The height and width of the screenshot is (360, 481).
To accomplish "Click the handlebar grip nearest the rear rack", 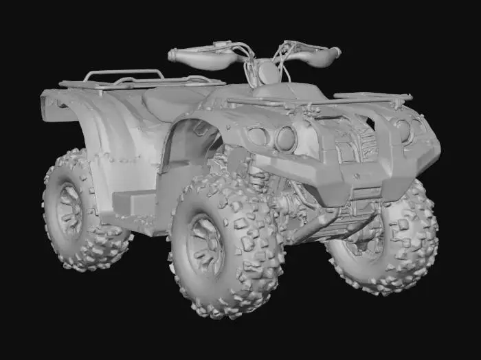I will [x=196, y=57].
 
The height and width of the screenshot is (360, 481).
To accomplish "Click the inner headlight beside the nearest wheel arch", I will [x=284, y=138].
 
